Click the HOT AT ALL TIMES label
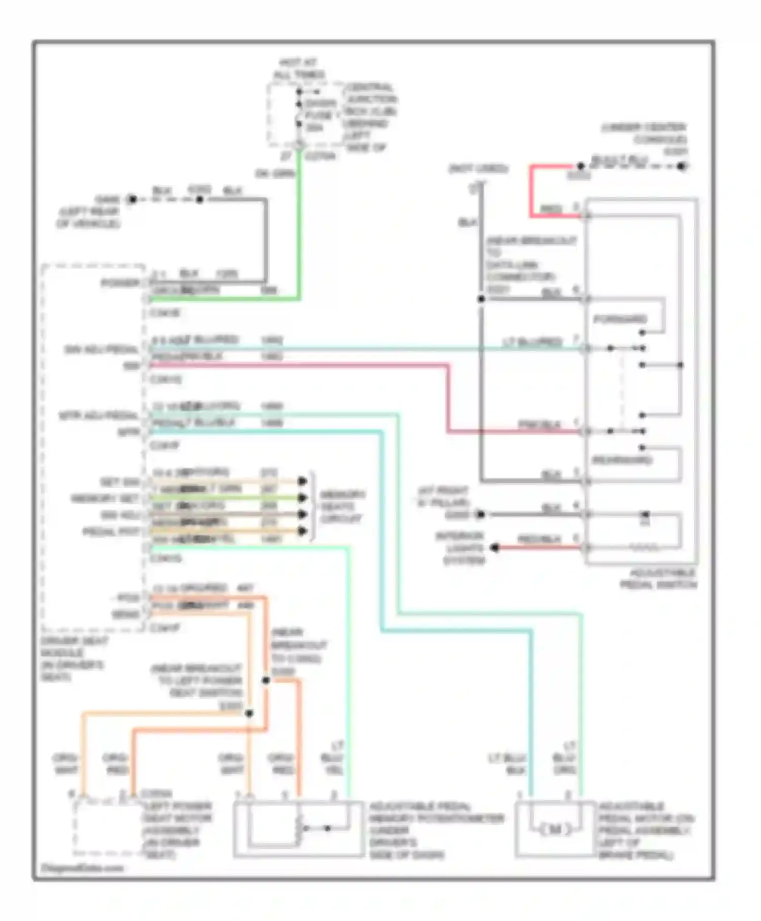click(x=299, y=69)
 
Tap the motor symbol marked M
click(x=555, y=829)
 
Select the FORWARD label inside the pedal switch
click(x=620, y=319)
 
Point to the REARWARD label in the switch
click(x=622, y=460)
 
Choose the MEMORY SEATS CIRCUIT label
click(x=342, y=506)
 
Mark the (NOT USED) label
click(x=478, y=169)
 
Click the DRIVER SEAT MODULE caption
click(x=74, y=659)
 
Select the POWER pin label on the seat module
click(x=120, y=283)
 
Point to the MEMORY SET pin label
click(x=105, y=499)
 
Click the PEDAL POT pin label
click(x=111, y=532)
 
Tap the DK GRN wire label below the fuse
click(x=274, y=174)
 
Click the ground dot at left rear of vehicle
click(x=132, y=200)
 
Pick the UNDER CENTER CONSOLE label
click(x=644, y=134)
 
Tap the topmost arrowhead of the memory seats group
click(x=303, y=481)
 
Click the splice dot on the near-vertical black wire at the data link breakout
click(x=481, y=299)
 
